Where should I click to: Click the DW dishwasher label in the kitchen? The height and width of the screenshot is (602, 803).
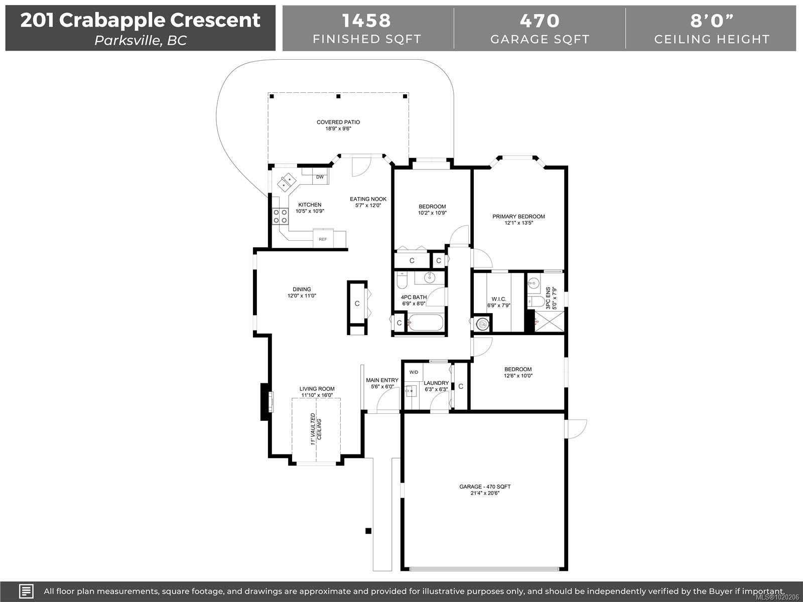pos(320,177)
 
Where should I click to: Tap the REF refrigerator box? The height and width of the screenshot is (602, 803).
pos(323,238)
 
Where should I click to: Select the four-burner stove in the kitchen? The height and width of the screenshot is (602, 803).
pos(280,216)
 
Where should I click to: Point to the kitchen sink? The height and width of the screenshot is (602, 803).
pos(287,182)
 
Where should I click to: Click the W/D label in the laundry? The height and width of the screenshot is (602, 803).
pos(414,372)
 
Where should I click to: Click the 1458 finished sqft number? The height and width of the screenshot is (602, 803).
pos(366,21)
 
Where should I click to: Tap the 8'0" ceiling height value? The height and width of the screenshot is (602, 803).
pos(712,21)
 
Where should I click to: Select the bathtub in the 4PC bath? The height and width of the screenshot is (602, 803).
pos(426,323)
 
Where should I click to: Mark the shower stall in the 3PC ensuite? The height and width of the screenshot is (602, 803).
pos(549,321)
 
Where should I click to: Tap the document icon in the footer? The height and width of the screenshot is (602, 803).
pos(26,591)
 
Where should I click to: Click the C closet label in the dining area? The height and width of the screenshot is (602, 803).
pos(357,304)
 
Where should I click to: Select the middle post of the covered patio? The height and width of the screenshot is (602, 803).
pos(338,96)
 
